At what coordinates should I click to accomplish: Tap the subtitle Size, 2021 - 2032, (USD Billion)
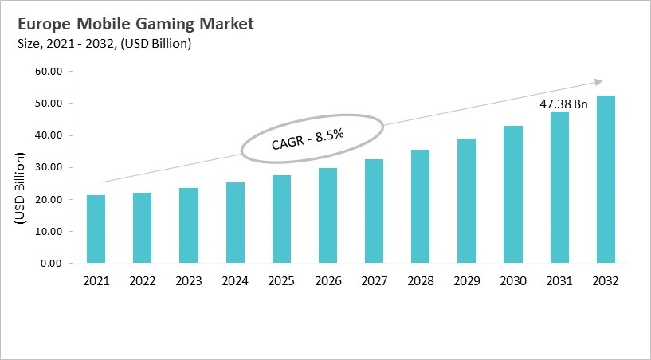tap(104, 44)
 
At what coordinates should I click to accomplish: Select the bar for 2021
tap(96, 229)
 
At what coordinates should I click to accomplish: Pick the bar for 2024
tap(235, 223)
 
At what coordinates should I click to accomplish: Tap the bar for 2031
tap(559, 187)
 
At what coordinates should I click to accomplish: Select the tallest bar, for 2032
tap(606, 179)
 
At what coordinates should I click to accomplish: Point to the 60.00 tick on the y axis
tap(49, 72)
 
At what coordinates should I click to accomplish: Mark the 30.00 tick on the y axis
tap(49, 167)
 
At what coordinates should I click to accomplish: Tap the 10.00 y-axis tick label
tap(49, 232)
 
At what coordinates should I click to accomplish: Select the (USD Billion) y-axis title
tap(22, 191)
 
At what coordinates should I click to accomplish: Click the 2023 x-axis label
tap(189, 281)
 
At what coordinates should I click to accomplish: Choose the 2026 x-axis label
tap(327, 281)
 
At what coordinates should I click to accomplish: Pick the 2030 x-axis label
tap(512, 281)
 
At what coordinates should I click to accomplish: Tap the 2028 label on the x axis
tap(420, 281)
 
